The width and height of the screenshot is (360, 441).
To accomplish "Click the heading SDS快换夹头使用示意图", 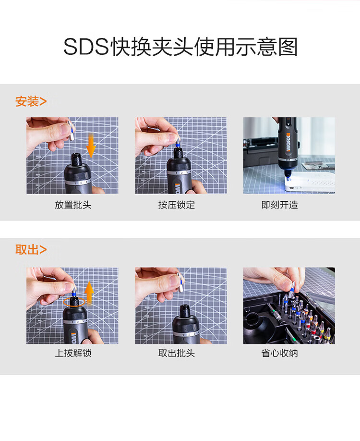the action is coord(180,47).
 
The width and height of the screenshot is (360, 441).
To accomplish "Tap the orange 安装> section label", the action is coord(31,101).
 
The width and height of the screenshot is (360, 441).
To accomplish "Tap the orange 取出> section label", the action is coord(31,249).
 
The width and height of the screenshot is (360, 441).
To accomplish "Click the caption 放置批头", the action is coord(73,205).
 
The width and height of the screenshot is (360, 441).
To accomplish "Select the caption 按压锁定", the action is coord(177,205).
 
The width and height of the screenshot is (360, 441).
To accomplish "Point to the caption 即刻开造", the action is coord(280,205).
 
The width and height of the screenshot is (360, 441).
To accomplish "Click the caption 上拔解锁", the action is coord(73,353).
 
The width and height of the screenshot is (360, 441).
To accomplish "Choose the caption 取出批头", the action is coord(177,353).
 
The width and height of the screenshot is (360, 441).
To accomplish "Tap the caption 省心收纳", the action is coord(280,353).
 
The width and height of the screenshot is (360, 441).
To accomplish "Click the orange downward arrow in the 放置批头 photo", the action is coord(91,146).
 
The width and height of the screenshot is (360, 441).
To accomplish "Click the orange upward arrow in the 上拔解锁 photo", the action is coord(89,293).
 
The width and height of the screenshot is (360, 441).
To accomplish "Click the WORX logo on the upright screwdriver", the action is coord(288,142).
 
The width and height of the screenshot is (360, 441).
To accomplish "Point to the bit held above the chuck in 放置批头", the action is coord(71,132).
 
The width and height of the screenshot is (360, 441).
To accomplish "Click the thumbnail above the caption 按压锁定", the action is coord(180,156).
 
